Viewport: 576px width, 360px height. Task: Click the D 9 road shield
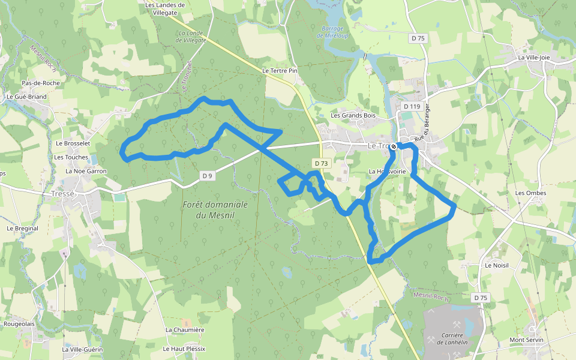[207, 176]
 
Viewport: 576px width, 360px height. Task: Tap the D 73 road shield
[321, 163]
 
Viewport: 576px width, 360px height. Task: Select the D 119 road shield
[412, 106]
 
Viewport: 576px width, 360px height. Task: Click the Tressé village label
[62, 194]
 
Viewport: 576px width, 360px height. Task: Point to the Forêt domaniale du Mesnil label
[215, 209]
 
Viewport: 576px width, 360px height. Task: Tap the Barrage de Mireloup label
[332, 32]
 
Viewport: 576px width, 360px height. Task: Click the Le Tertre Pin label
[280, 70]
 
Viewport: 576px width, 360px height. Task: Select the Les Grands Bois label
[353, 115]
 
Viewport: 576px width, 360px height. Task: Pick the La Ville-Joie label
[533, 58]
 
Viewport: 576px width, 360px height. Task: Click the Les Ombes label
[527, 193]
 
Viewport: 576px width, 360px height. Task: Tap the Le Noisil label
[496, 265]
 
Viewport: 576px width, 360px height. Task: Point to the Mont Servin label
[526, 340]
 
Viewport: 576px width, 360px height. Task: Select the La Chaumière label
[185, 329]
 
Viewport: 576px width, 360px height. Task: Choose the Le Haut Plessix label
[184, 349]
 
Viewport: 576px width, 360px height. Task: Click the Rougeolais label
[19, 323]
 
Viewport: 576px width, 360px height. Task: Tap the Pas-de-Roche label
[41, 83]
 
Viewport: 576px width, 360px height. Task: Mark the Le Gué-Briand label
[26, 96]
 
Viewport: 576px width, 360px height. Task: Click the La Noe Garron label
[86, 171]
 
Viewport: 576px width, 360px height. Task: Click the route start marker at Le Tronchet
[394, 146]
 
